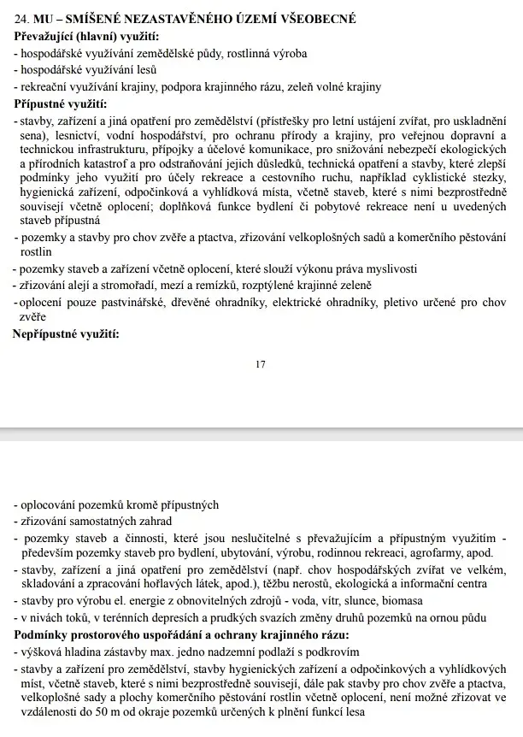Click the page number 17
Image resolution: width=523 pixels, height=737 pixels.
[x=261, y=364]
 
